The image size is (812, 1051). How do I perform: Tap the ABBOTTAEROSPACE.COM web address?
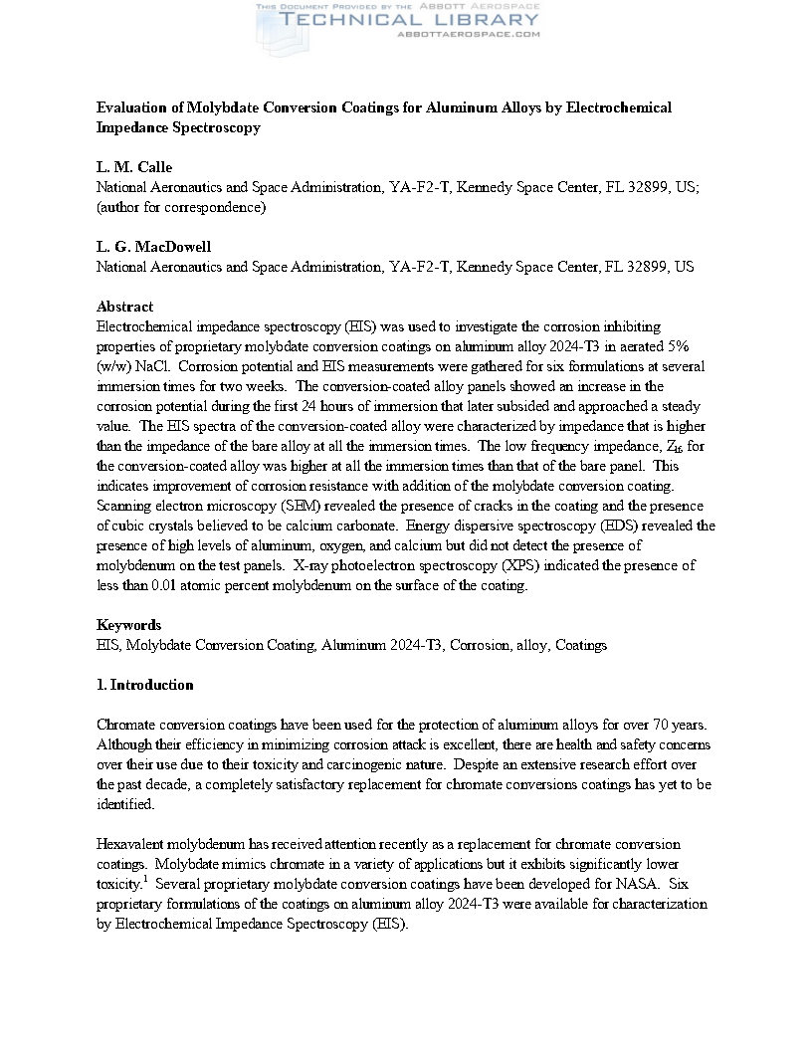[x=468, y=34]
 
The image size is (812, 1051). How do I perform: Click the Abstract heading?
[x=124, y=307]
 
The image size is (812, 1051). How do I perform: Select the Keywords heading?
[x=128, y=625]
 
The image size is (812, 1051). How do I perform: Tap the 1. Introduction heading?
[x=144, y=685]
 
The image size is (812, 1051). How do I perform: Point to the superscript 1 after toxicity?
[x=144, y=879]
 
